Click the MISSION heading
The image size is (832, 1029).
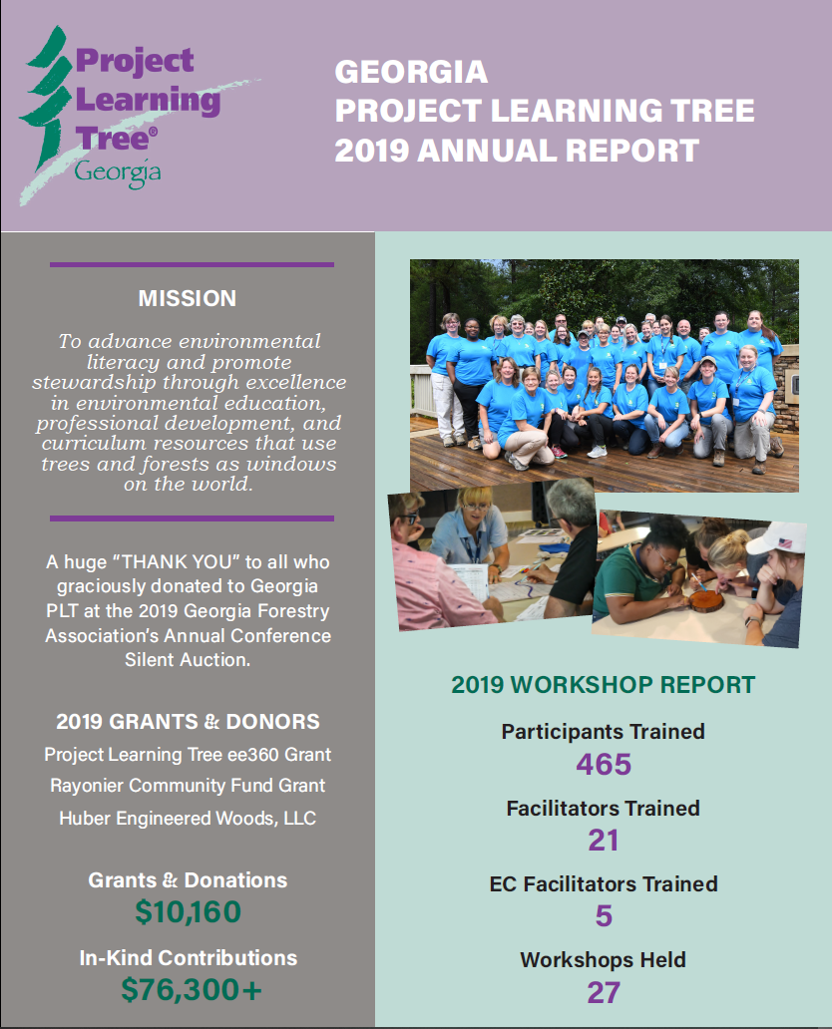tap(188, 298)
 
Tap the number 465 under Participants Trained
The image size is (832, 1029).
tap(604, 764)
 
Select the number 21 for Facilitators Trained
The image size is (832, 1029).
tap(604, 841)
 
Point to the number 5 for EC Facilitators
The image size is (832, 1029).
tap(604, 916)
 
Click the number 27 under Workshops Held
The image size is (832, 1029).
tap(604, 992)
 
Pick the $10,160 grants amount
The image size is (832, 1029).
tap(188, 912)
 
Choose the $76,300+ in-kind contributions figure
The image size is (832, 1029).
tap(188, 989)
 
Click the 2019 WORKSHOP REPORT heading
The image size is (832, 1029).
tap(603, 685)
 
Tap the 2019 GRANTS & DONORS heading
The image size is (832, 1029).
tap(188, 721)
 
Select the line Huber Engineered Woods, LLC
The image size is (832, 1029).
tap(188, 818)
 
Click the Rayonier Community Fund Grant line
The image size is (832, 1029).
tap(188, 786)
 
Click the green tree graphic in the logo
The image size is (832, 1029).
tap(45, 100)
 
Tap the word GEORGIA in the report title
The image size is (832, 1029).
tap(411, 72)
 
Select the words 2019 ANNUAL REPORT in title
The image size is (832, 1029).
tap(517, 150)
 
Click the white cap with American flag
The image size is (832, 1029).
tap(777, 539)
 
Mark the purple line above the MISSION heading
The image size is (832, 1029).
tap(192, 265)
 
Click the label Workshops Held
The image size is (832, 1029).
tap(603, 960)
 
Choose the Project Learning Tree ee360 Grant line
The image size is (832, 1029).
tap(188, 754)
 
